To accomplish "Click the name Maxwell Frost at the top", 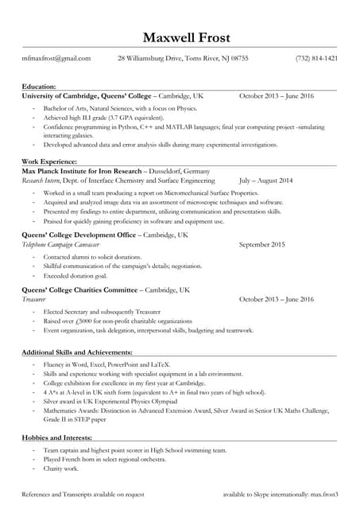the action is pyautogui.click(x=180, y=37).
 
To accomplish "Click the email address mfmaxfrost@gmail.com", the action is pyautogui.click(x=56, y=58).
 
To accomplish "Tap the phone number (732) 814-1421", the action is pyautogui.click(x=316, y=58).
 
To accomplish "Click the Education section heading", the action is pyautogui.click(x=39, y=86).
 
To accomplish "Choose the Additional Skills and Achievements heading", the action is pyautogui.click(x=76, y=352).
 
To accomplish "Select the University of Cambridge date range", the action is pyautogui.click(x=277, y=95).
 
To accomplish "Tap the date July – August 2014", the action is pyautogui.click(x=265, y=181).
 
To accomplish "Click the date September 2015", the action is pyautogui.click(x=261, y=245).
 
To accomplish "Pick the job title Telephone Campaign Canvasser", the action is pyautogui.click(x=60, y=245).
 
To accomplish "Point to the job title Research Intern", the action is pyautogui.click(x=40, y=181).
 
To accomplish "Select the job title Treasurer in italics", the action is pyautogui.click(x=35, y=299).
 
